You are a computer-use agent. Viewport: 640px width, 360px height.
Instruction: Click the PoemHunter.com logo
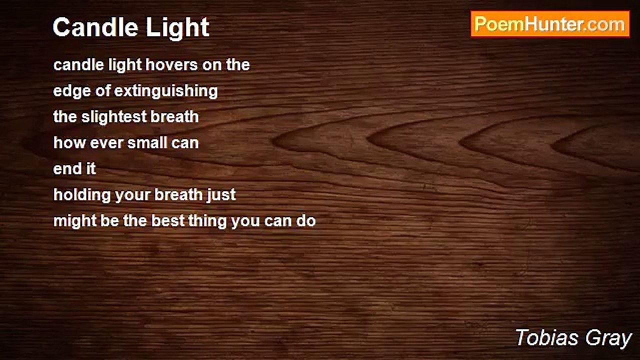pos(550,24)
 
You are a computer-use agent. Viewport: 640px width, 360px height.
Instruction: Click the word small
pos(146,143)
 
